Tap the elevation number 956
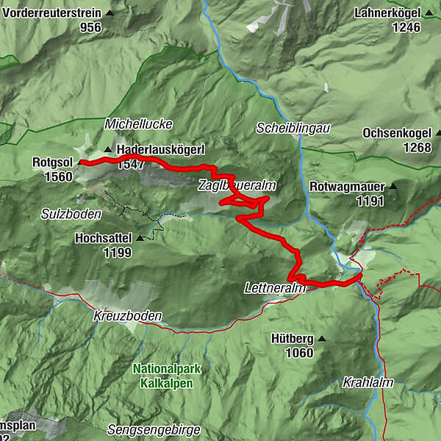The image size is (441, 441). coord(90,28)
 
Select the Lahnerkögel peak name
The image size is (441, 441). coord(387,13)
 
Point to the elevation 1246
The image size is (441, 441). coord(406,28)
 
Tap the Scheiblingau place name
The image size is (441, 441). coord(293,128)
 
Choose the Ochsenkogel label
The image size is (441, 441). coord(395,134)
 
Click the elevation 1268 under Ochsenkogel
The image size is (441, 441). coord(417,148)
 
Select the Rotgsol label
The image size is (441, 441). coord(52,162)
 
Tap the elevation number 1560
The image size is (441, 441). coord(58,177)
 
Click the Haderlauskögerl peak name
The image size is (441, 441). coord(159,150)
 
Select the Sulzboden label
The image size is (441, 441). coord(71,213)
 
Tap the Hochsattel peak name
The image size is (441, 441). coord(103,239)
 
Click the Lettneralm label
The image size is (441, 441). coord(274,289)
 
